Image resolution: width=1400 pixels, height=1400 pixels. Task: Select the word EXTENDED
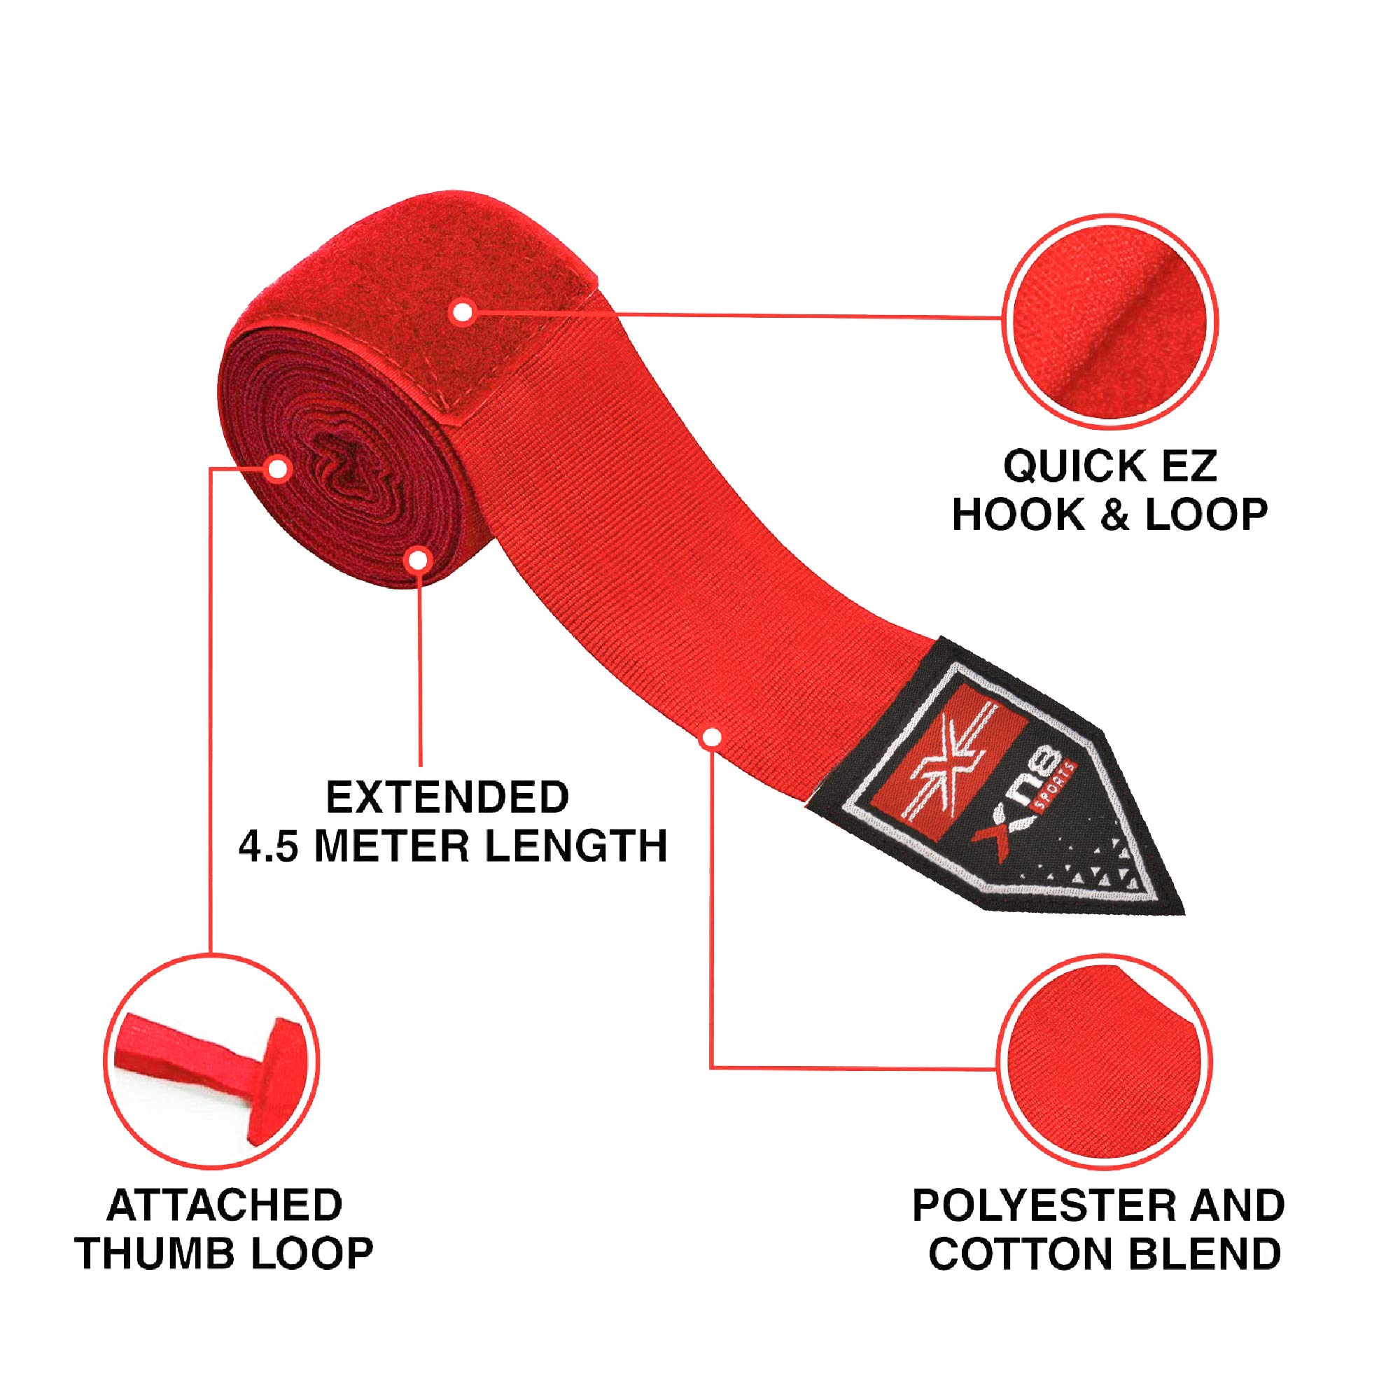pos(448,797)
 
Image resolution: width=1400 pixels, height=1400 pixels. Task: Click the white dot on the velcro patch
pos(461,313)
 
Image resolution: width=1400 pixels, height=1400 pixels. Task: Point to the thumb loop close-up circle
pos(211,1063)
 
